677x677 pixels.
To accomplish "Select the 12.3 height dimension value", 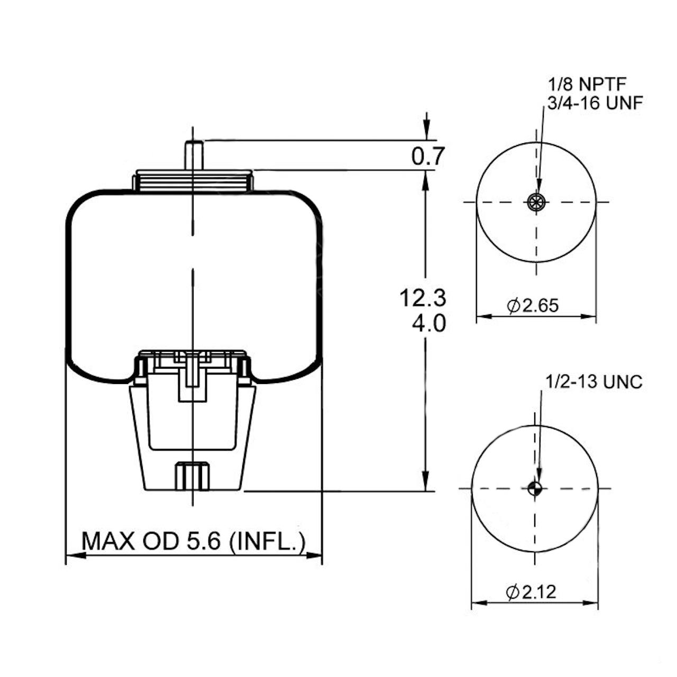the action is click(423, 298).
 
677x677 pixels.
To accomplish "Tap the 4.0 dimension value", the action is click(428, 323).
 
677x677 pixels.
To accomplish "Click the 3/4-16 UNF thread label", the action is click(595, 103).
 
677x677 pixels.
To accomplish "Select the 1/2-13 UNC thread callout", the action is click(594, 382).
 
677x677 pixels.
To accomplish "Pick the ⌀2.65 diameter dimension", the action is click(533, 306).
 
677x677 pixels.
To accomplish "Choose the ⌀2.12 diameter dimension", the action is click(531, 592).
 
